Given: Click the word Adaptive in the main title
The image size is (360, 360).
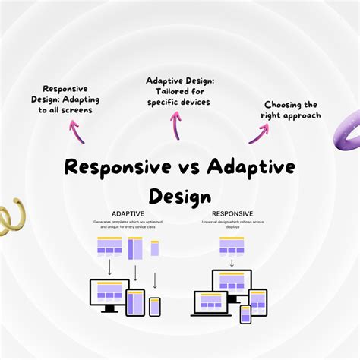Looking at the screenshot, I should [x=250, y=167].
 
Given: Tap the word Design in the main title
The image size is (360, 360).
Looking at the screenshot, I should [x=179, y=196].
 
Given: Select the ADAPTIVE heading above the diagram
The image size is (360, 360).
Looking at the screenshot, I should [x=128, y=214].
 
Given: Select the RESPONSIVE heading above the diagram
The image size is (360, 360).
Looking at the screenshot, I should [x=232, y=214].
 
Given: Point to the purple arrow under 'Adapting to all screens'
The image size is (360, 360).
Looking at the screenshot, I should [x=77, y=131].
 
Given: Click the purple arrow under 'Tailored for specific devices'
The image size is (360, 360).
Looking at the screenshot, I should [x=175, y=125].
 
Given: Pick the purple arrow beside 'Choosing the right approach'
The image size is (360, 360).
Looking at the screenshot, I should [x=258, y=134].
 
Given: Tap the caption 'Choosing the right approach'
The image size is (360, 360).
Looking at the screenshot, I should [x=291, y=110].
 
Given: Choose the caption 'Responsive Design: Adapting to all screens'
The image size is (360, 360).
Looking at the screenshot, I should [x=71, y=99].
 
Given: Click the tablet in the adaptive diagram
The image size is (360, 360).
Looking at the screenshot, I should [x=135, y=302].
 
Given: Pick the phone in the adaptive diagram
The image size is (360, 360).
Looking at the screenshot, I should [x=155, y=306].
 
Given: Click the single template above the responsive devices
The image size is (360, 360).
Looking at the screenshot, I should [x=232, y=245].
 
